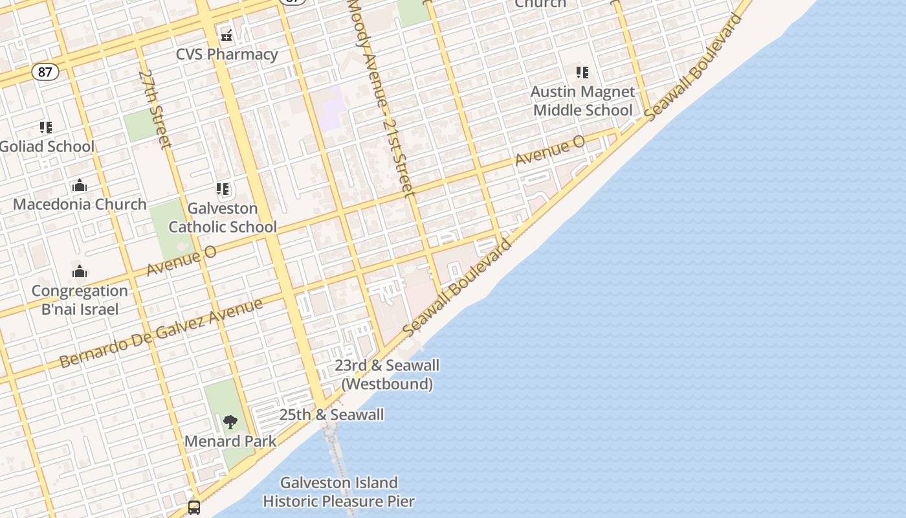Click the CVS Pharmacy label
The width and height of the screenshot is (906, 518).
227,54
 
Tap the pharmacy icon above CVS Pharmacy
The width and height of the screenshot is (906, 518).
226,34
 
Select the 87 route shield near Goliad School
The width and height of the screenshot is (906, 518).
45,72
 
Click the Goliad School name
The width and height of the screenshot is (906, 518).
47,146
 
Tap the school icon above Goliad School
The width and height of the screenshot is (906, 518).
45,127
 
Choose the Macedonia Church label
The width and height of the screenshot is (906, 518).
80,204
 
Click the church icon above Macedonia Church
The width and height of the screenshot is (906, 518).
80,186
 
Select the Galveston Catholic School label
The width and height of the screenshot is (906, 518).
223,218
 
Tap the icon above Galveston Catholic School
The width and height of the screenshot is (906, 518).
223,190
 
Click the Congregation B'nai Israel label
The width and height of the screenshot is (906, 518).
80,300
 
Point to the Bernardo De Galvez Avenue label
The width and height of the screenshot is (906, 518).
161,333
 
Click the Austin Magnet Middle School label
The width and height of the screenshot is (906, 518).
582,101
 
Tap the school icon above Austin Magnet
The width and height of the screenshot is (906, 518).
582,73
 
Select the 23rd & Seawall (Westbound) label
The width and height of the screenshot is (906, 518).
387,374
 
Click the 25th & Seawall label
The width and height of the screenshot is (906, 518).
331,415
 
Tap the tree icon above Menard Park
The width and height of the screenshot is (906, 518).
230,423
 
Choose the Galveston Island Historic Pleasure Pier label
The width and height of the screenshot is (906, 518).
339,492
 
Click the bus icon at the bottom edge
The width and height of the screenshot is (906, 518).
194,507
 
